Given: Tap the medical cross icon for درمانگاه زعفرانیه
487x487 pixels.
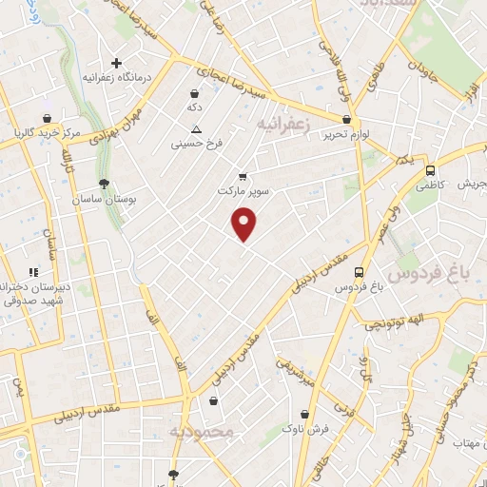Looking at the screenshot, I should tap(117, 63).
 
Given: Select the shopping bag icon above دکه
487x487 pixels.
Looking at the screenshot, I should tap(195, 94).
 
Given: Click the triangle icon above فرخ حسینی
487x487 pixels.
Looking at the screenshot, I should tap(196, 128).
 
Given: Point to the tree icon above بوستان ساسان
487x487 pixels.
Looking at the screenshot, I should tap(104, 185).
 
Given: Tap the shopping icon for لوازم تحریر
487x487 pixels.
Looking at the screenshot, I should tap(347, 121).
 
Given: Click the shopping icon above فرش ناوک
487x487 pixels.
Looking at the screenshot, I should tap(304, 415).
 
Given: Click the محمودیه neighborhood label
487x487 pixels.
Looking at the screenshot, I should tap(202, 433).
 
